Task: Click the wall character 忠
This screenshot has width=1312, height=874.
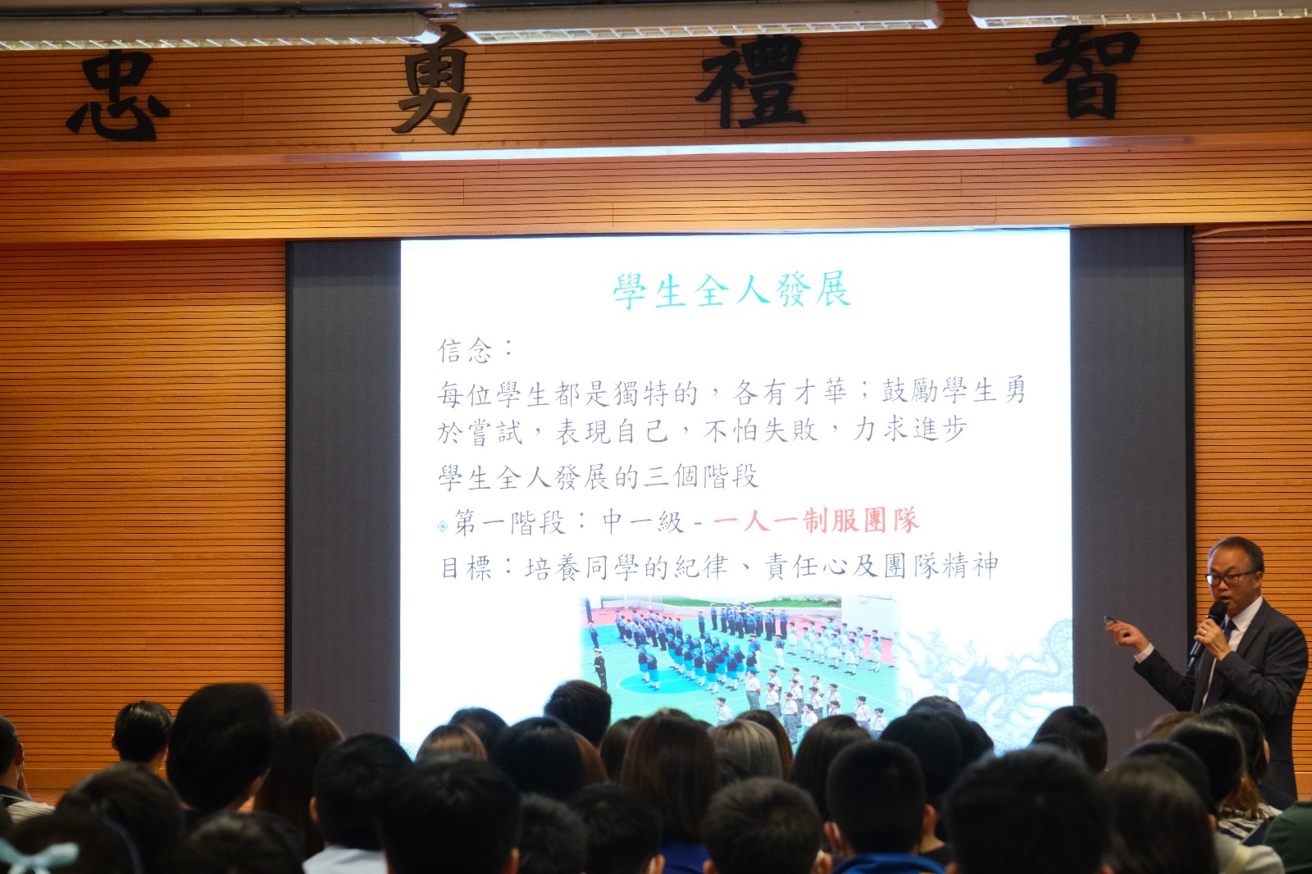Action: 118,95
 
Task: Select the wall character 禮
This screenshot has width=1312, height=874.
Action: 751,81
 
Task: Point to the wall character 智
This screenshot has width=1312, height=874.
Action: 1087,72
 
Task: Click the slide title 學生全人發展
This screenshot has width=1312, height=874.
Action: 731,290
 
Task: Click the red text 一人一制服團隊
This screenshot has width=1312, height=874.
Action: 816,521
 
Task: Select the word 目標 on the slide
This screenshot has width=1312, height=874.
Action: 467,567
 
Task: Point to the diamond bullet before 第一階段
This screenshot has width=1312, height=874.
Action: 443,526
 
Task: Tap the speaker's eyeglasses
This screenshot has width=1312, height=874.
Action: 1231,578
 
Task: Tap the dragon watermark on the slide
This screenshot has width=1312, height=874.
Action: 990,680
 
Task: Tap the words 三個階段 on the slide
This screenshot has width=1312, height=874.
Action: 700,476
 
